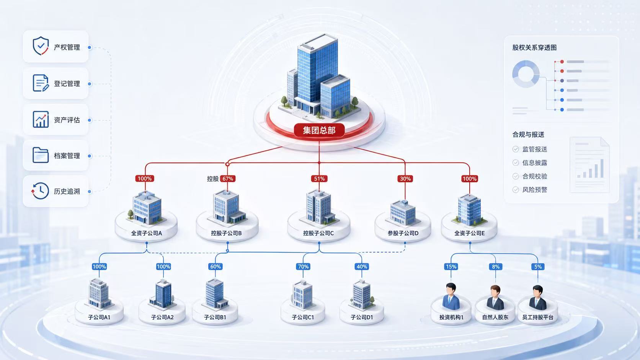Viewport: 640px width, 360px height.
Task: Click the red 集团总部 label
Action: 319,130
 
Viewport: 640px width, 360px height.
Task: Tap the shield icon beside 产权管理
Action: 41,46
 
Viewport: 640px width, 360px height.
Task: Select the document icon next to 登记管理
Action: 41,83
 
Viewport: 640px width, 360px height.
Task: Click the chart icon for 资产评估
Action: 41,119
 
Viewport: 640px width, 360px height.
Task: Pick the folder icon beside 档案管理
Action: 41,155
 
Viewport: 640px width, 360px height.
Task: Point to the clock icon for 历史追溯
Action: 40,191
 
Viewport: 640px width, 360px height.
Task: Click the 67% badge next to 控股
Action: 228,179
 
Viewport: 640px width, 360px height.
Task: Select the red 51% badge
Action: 319,179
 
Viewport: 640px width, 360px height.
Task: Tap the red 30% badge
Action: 405,179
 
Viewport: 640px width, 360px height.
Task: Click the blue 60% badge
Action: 216,267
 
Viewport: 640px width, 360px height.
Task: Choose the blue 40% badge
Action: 362,267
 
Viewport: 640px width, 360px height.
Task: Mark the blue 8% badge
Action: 496,267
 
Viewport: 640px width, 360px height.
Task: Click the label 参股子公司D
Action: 403,233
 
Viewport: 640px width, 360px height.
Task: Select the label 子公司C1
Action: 303,317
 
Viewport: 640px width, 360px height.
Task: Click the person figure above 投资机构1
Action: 451,296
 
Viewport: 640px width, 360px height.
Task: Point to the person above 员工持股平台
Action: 538,298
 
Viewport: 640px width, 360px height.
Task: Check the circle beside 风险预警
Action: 516,189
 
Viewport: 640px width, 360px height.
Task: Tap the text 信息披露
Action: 535,163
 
